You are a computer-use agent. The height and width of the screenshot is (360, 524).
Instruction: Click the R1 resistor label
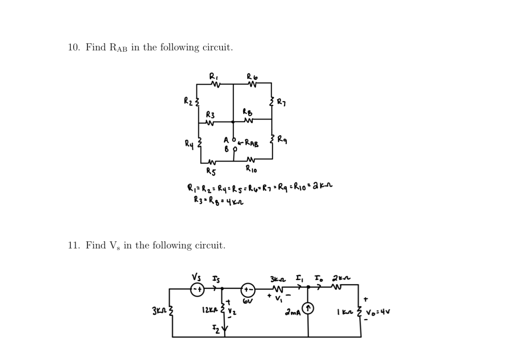coord(213,76)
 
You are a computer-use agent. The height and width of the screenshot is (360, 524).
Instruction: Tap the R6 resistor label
coord(252,76)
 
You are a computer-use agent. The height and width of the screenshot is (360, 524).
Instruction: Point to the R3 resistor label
coord(210,114)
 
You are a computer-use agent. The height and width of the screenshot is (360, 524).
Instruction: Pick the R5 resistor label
coord(211,170)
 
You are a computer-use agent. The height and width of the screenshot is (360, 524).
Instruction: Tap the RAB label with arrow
coord(249,143)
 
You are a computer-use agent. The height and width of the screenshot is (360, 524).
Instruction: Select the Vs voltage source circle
coord(197,289)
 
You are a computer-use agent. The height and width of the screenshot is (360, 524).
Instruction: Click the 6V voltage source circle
coord(248,290)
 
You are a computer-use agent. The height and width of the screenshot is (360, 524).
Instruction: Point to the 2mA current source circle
coord(308,310)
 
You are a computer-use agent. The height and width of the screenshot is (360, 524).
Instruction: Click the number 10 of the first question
coord(73,47)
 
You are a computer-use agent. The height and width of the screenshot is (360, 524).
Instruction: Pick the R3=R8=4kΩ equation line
coord(219,200)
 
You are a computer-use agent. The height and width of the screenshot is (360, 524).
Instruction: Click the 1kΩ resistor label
coord(344,312)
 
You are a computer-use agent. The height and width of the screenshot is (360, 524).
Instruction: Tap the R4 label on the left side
coord(189,143)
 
